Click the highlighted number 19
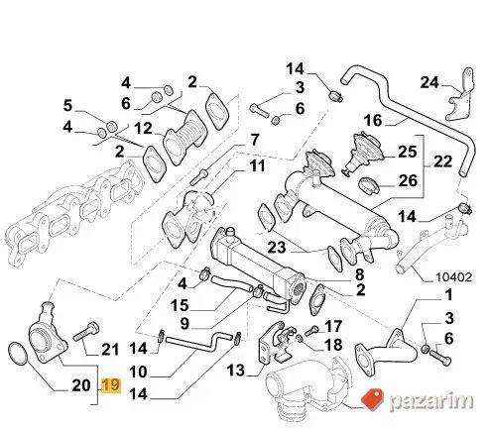tap(111, 385)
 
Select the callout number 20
tap(81, 385)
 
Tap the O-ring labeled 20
tap(18, 354)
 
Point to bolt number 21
tap(86, 332)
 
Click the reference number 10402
tap(453, 276)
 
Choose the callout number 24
tap(429, 82)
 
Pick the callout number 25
tap(408, 152)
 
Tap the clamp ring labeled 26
tap(371, 184)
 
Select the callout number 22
tap(442, 161)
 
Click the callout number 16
tap(373, 120)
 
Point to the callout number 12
tap(143, 129)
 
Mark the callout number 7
tap(255, 140)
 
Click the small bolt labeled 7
tap(199, 176)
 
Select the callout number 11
tap(258, 165)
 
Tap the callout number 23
tap(277, 247)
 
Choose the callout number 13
tap(236, 371)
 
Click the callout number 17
tap(333, 326)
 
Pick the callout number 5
tap(67, 106)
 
